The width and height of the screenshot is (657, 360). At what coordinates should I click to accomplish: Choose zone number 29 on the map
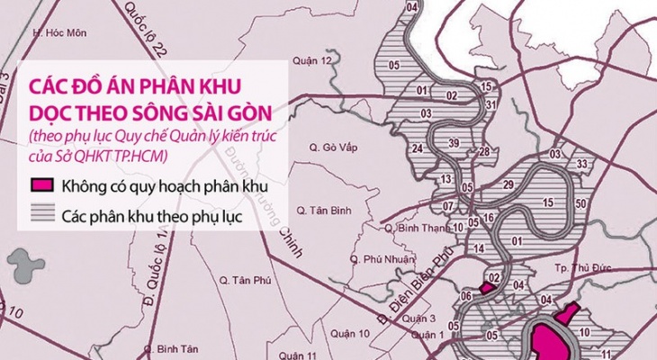(509, 185)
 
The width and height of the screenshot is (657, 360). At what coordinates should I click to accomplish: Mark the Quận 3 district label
(413, 319)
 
